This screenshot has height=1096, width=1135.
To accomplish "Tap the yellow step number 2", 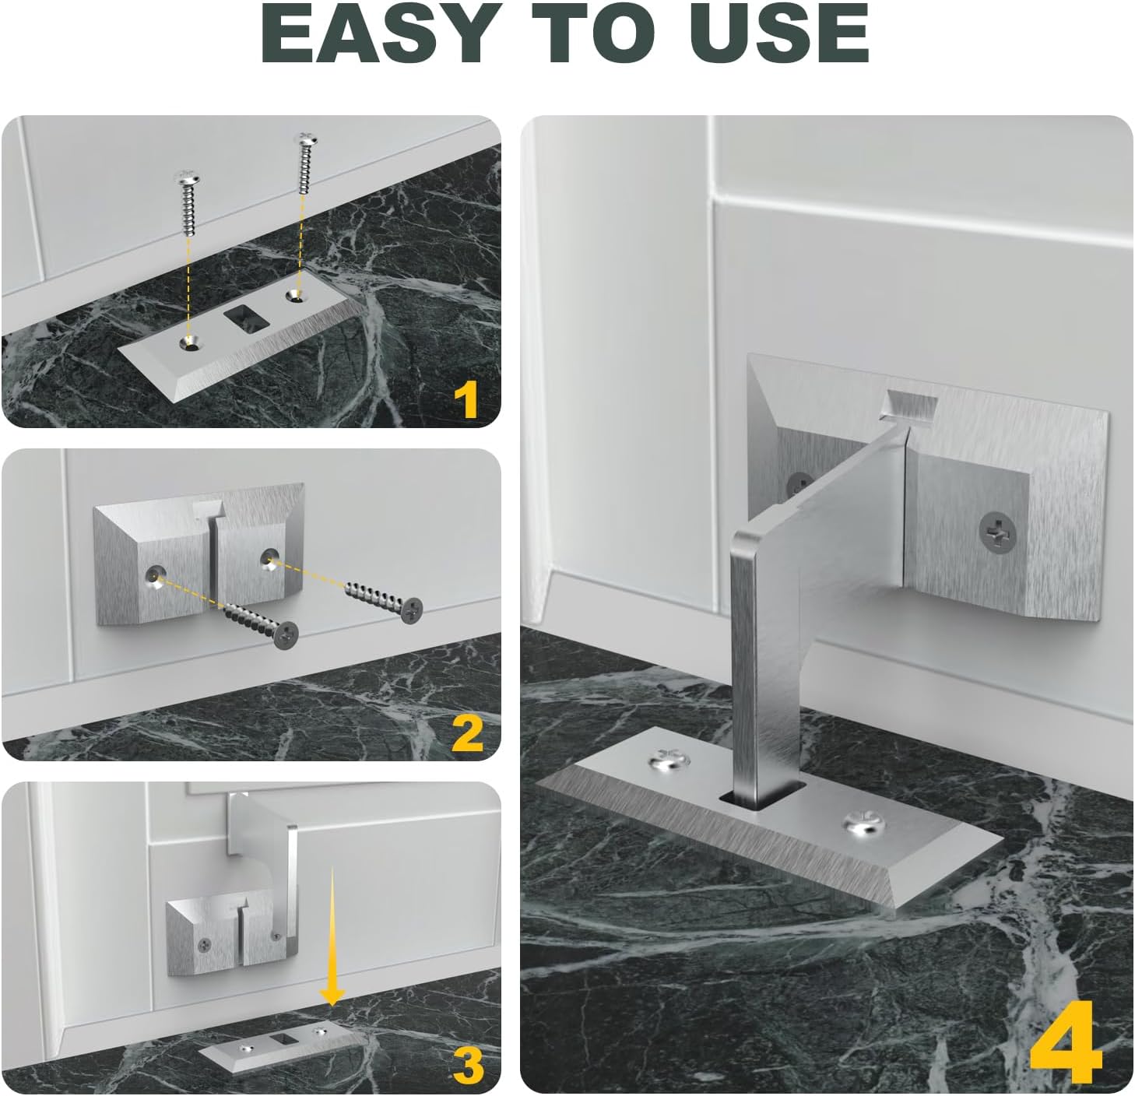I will (467, 732).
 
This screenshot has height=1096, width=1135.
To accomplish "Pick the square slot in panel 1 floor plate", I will (244, 318).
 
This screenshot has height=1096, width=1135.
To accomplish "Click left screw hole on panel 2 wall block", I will (155, 574).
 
